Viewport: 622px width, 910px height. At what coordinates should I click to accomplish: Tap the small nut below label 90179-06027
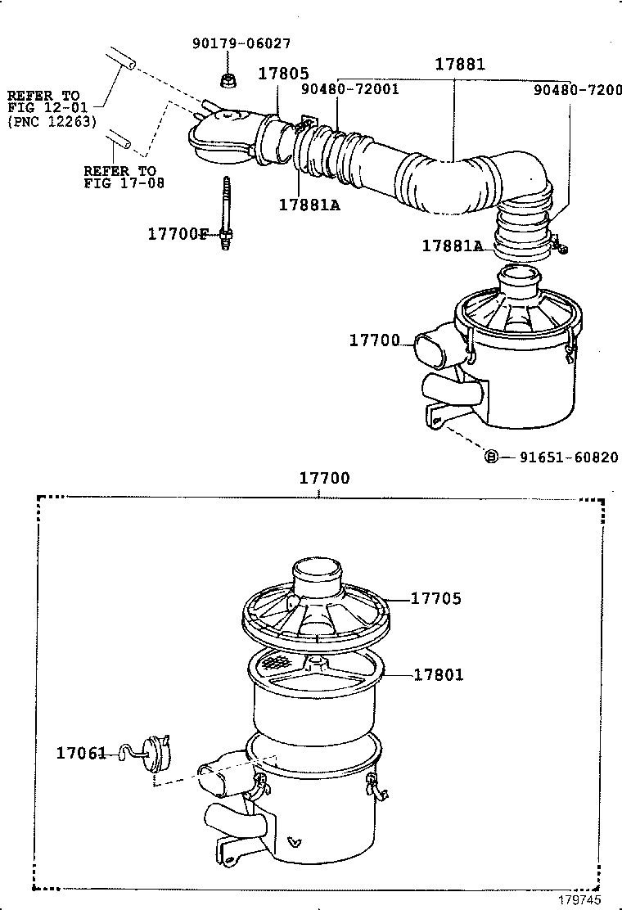coord(229,79)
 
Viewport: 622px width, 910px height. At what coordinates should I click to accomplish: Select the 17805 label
coord(282,73)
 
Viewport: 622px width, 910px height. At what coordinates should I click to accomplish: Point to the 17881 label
coord(459,65)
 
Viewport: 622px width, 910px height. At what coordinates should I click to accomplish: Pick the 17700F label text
coord(178,234)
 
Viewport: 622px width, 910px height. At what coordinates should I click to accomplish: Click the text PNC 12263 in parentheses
coord(52,122)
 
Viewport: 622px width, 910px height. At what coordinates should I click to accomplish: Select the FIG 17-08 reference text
coord(124,183)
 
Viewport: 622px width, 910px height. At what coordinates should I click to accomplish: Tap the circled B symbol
coord(491,457)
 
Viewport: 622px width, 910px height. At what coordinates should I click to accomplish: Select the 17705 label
coord(435,599)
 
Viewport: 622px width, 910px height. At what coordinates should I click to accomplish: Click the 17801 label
coord(438,674)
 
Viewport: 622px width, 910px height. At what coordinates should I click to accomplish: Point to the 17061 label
coord(81,751)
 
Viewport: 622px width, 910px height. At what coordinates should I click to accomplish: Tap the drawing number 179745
coord(581,899)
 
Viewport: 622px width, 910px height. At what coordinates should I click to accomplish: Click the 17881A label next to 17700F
coord(309,205)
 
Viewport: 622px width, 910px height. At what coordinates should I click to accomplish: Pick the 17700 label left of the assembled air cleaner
coord(375,340)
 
